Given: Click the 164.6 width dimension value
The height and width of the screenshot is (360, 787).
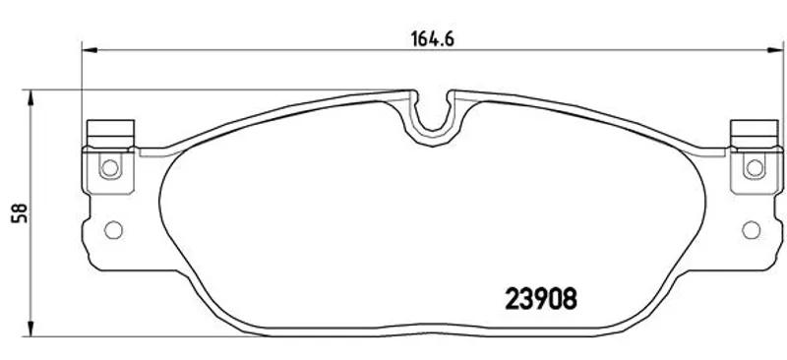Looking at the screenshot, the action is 433,38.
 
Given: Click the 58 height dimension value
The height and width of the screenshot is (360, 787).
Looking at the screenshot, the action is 20,213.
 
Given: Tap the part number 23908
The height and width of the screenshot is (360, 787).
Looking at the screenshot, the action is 540,299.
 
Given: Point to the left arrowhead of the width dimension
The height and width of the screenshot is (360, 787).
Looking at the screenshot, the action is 89,50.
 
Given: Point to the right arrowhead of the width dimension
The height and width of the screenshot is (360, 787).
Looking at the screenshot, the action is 775,50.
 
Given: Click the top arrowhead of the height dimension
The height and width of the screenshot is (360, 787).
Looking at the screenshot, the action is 31,97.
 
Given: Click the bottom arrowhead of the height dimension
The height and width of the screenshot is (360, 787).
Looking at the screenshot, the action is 31,329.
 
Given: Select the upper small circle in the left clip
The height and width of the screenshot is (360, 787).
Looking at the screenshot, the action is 110,167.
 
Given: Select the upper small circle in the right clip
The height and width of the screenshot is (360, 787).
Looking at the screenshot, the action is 754,167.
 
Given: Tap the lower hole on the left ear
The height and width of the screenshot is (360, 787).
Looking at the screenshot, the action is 113,230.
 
